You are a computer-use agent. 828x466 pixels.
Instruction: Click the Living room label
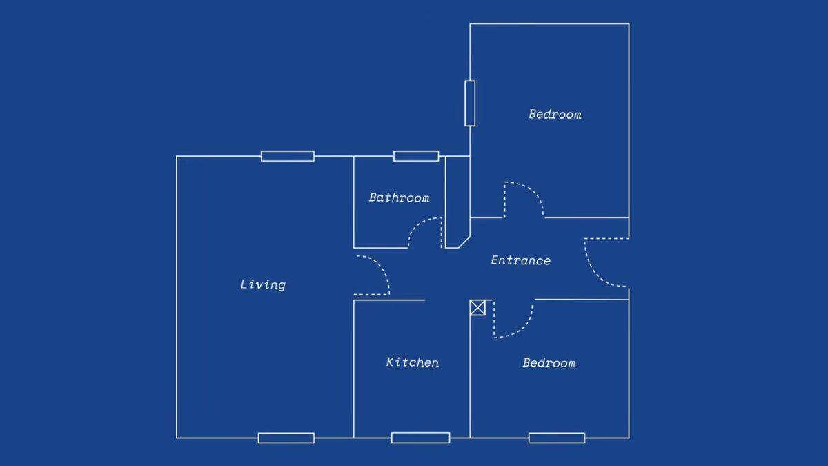pos(263,284)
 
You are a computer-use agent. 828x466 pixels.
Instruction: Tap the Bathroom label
pos(400,197)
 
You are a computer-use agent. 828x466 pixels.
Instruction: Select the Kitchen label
pos(413,362)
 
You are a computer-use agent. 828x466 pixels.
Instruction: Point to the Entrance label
pos(521,261)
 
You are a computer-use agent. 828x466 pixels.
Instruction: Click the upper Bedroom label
pos(555,115)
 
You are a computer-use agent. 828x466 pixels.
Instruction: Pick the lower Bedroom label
pos(549,363)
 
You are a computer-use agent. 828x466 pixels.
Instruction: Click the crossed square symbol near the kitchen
pos(477,308)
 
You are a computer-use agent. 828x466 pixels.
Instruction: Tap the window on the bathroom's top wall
pos(416,156)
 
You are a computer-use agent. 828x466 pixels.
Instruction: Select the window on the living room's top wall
pos(288,156)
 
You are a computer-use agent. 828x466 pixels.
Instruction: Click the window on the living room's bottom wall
pos(286,438)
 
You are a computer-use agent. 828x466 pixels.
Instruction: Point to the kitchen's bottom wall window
pos(421,438)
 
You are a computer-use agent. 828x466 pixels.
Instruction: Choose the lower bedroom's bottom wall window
pos(557,438)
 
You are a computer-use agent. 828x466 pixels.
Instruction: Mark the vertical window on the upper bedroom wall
pos(470,103)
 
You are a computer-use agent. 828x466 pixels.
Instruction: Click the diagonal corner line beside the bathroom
pos(464,242)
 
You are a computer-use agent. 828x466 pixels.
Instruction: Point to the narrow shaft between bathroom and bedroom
pos(457,200)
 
